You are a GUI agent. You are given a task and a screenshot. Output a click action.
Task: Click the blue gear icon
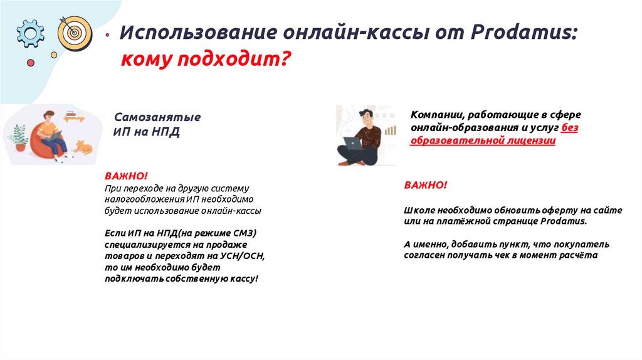[30, 33]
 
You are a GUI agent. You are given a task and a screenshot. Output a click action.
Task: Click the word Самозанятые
[157, 117]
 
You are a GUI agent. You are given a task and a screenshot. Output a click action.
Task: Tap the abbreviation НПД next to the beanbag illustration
[165, 132]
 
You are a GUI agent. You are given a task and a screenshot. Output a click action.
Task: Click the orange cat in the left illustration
[82, 148]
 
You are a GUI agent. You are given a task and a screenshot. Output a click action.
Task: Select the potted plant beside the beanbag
[19, 138]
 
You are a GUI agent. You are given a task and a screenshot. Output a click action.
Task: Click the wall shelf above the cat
[75, 116]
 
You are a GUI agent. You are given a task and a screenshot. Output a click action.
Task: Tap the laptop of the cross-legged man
[354, 142]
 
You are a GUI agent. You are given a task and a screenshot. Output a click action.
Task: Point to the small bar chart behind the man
[389, 129]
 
